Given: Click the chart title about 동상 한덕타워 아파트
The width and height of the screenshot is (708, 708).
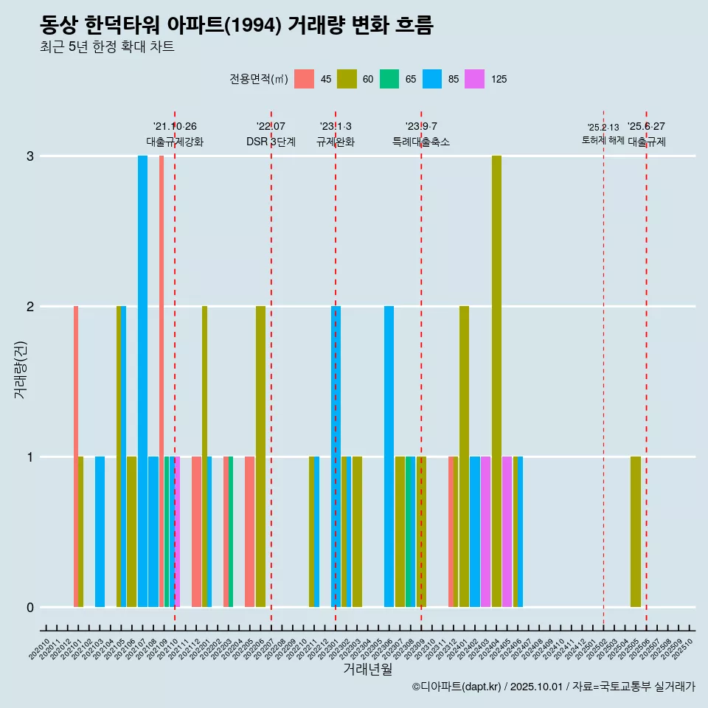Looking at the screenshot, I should pos(236,26).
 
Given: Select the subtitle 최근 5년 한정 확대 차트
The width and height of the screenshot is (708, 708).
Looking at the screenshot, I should pos(107,47).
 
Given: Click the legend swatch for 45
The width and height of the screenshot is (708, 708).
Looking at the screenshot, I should pos(304,79).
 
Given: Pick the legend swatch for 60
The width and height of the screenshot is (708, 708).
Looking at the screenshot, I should pos(347,79).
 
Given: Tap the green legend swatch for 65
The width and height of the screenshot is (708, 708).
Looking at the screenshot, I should pos(389,79).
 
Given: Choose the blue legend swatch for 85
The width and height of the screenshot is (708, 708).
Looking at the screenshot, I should pos(432,79).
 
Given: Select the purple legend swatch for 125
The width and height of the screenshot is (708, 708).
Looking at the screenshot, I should pos(475,79).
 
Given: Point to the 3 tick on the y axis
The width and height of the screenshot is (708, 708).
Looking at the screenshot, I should pos(29,156).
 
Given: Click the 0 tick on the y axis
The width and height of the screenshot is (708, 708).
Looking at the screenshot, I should pos(29,608).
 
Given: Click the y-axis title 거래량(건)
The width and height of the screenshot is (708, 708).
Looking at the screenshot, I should pos(20,369).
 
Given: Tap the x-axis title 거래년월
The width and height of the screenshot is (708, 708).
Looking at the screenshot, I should pos(367,669).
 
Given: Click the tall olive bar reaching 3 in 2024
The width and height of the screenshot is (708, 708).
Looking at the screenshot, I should pos(496,381).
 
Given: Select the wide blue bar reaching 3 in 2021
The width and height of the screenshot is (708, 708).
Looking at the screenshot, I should pos(142,381).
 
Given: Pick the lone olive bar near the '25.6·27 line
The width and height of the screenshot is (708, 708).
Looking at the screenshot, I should pos(636,532).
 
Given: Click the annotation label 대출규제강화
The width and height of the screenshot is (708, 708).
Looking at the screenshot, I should pos(174,142).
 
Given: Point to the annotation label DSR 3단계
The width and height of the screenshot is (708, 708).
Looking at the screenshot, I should pos(271,142).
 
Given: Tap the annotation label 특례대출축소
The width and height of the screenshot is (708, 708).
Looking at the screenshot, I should pos(420,142).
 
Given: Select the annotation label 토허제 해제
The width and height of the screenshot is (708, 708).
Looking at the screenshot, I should pos(603,139).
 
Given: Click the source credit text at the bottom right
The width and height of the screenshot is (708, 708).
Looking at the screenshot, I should pos(553,687).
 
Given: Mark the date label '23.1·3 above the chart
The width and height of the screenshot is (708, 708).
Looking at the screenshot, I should pos(336,126).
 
